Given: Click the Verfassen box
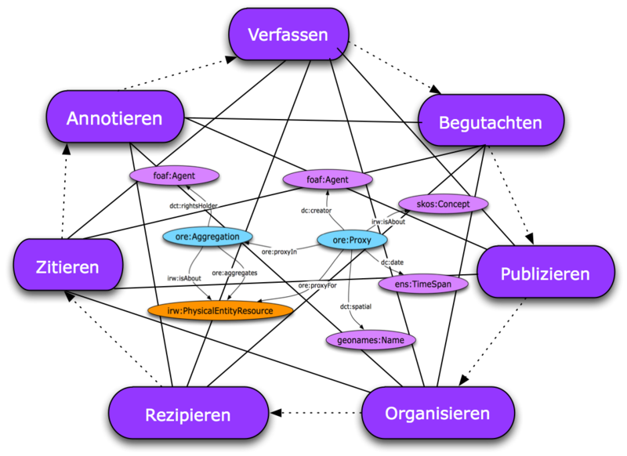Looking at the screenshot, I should click(288, 34).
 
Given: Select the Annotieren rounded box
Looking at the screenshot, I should click(114, 118).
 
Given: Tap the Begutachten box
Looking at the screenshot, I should click(491, 121).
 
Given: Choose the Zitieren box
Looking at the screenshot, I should click(68, 266).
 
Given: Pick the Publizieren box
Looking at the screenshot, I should click(545, 273).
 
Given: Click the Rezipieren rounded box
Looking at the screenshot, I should click(188, 414).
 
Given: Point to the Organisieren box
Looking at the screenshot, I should click(437, 413).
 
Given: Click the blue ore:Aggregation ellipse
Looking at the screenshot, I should click(208, 236).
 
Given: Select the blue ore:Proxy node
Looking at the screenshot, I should click(352, 240).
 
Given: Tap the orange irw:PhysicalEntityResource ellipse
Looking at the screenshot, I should click(220, 310).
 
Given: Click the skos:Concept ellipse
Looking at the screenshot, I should click(444, 204).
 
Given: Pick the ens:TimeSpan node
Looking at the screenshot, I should click(423, 284).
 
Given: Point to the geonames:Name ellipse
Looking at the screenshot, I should click(371, 340).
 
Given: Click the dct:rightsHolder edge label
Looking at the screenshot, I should click(194, 205).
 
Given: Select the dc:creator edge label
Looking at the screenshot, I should click(317, 210).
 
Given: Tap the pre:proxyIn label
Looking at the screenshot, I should click(279, 252).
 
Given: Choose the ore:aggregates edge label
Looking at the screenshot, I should click(234, 273).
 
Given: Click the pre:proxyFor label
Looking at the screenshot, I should click(317, 285).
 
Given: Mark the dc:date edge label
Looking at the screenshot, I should click(392, 262).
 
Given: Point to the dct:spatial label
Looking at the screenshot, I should click(356, 306).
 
